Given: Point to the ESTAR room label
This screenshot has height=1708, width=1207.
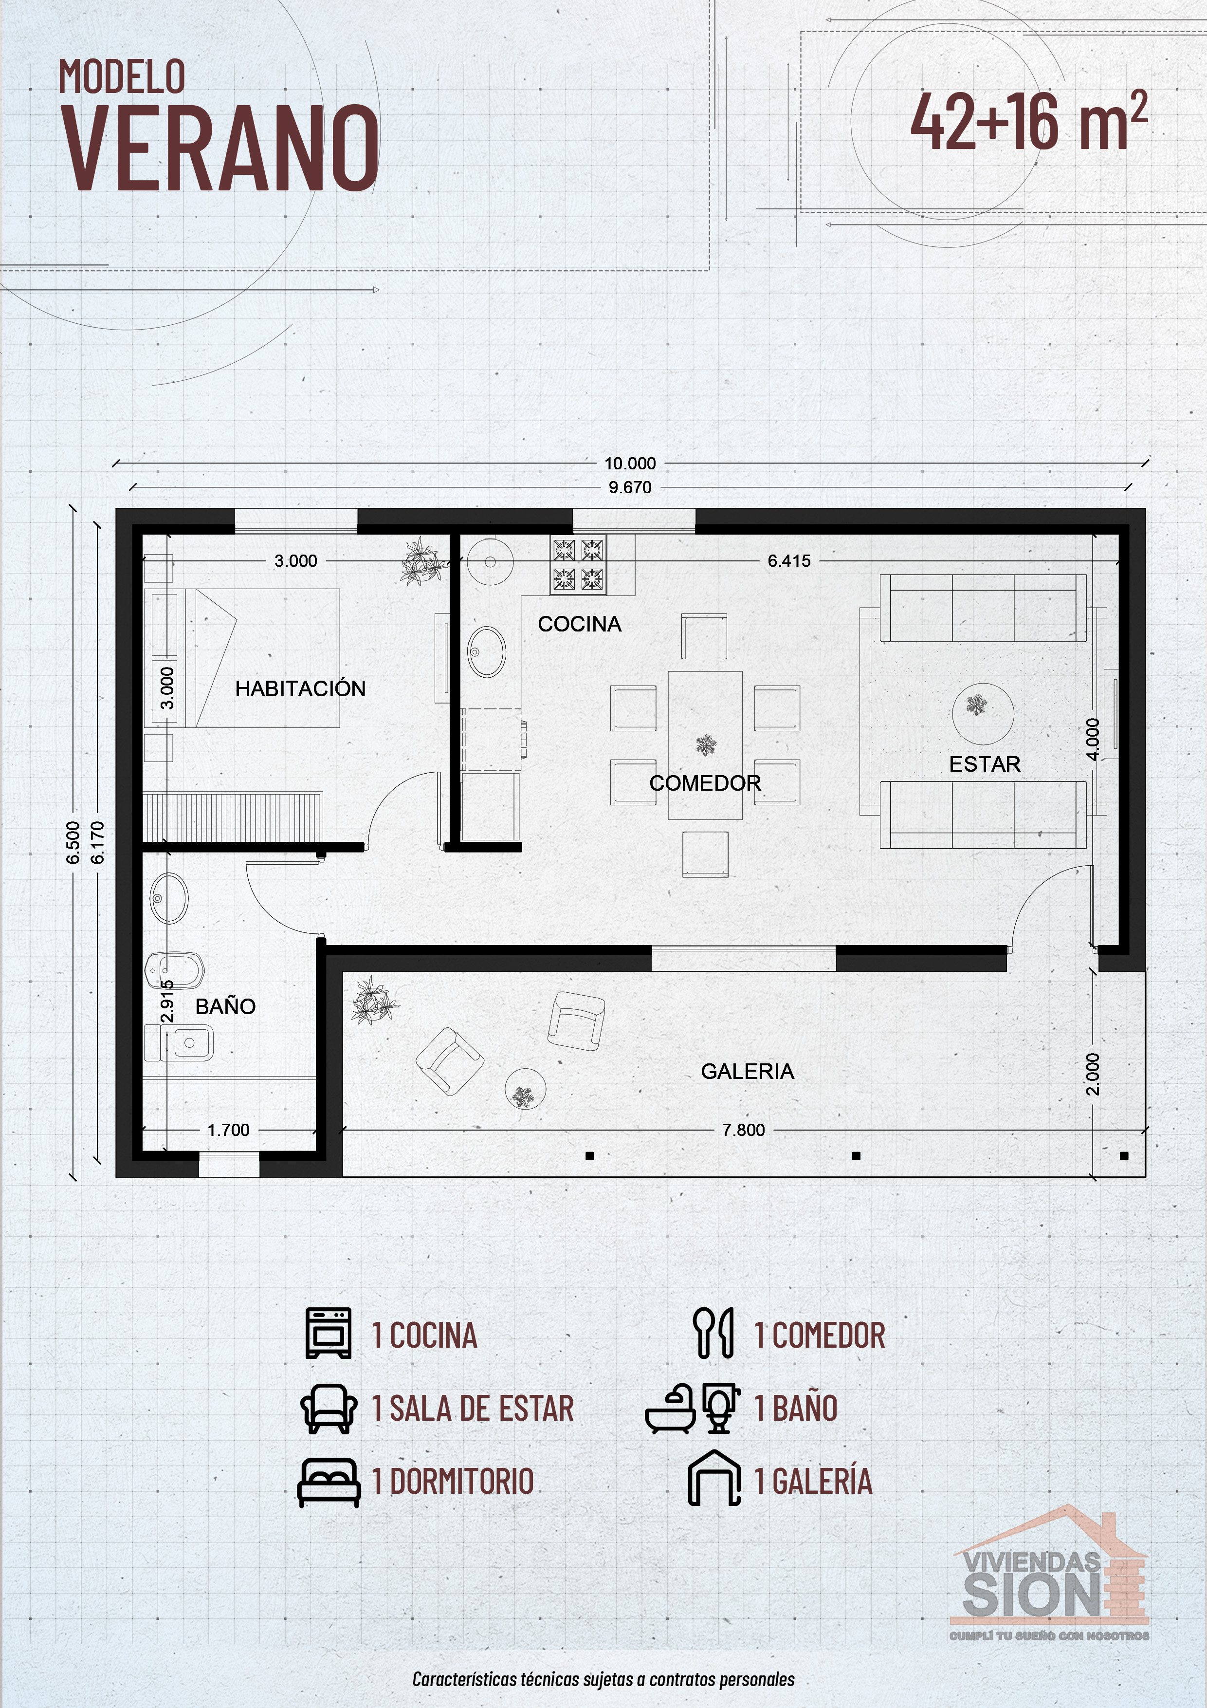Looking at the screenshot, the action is [x=985, y=764].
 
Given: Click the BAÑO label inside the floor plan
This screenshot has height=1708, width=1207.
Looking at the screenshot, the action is [x=225, y=1006].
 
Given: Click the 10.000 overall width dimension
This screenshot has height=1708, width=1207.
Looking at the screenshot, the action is [x=630, y=464].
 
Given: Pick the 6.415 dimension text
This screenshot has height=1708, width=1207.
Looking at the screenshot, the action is [x=789, y=561].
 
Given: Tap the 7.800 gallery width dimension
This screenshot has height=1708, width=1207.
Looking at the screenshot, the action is [x=744, y=1130].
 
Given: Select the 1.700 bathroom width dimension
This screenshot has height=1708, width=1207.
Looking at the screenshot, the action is [x=228, y=1130].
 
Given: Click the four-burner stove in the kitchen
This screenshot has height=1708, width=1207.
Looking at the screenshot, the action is [x=578, y=565].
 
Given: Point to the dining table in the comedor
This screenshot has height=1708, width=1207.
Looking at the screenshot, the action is [x=705, y=744].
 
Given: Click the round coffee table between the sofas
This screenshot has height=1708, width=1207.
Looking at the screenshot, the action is [x=983, y=712].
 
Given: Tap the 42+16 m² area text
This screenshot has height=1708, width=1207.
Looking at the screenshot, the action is [x=1029, y=121].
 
